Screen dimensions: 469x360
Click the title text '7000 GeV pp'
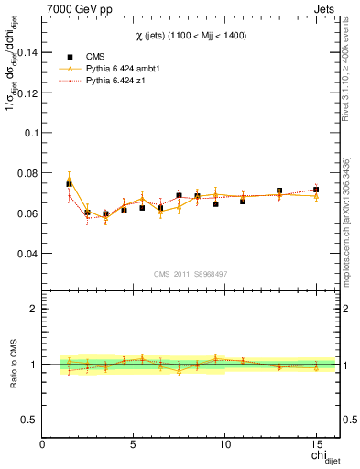(x=74, y=8)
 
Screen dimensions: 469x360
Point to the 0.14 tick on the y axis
(x=27, y=52)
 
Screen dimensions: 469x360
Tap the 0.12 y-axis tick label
(x=27, y=93)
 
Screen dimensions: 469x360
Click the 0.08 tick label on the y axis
(x=27, y=172)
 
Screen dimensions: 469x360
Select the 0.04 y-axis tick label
(x=27, y=253)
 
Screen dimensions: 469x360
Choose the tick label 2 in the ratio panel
(x=34, y=309)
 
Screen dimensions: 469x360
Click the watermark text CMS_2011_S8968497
(x=191, y=273)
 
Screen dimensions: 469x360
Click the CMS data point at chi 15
(x=316, y=190)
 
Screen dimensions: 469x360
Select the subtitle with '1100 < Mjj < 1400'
(x=191, y=35)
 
